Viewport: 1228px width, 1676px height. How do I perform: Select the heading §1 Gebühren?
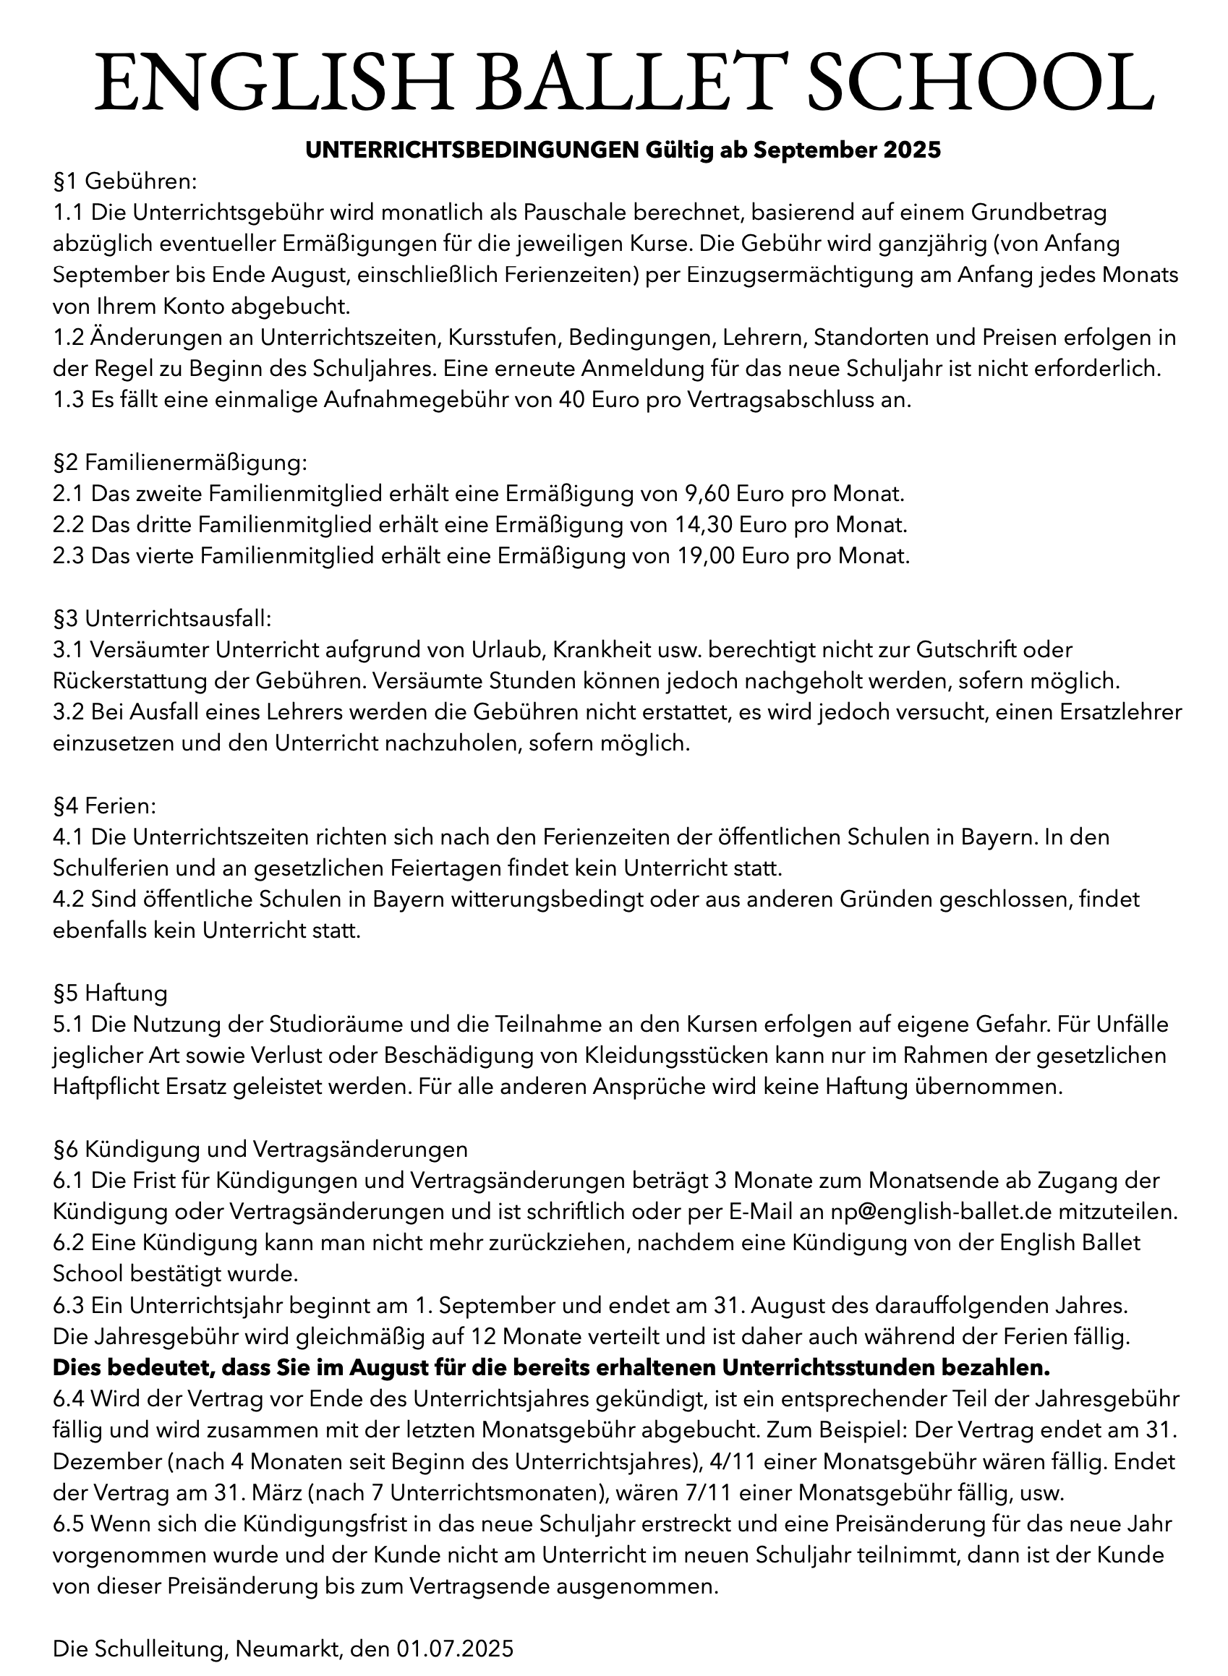click(124, 181)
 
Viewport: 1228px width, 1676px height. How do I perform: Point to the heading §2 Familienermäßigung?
click(179, 462)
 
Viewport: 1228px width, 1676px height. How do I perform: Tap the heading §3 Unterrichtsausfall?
click(163, 618)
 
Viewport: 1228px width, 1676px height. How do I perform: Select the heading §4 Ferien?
click(104, 805)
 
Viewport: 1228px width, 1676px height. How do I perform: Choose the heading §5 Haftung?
click(110, 993)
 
